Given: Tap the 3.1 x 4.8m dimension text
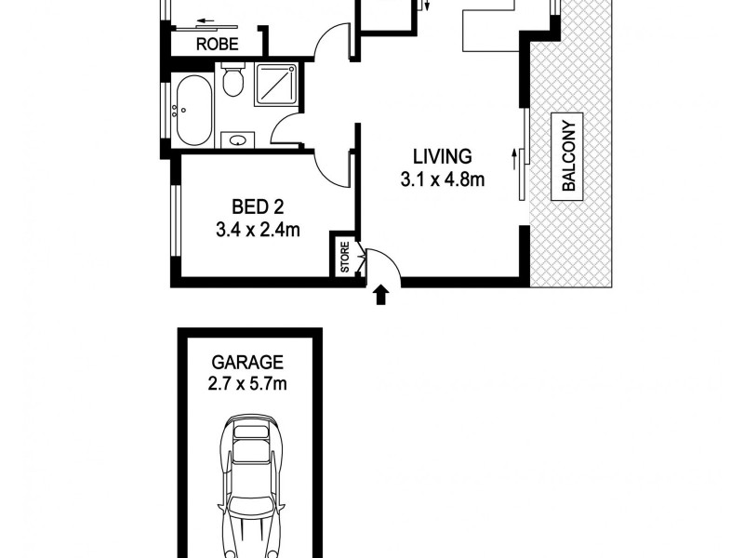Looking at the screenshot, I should click(x=443, y=179).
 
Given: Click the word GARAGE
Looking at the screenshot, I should click(x=246, y=362).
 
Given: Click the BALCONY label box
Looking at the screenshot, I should click(x=569, y=153).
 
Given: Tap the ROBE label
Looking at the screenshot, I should click(x=217, y=43).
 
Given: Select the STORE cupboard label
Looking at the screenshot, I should click(x=344, y=259).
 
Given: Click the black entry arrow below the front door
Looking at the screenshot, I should click(x=379, y=296).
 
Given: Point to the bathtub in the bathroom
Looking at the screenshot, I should click(x=193, y=110).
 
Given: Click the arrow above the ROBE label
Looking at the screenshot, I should click(x=215, y=23).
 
